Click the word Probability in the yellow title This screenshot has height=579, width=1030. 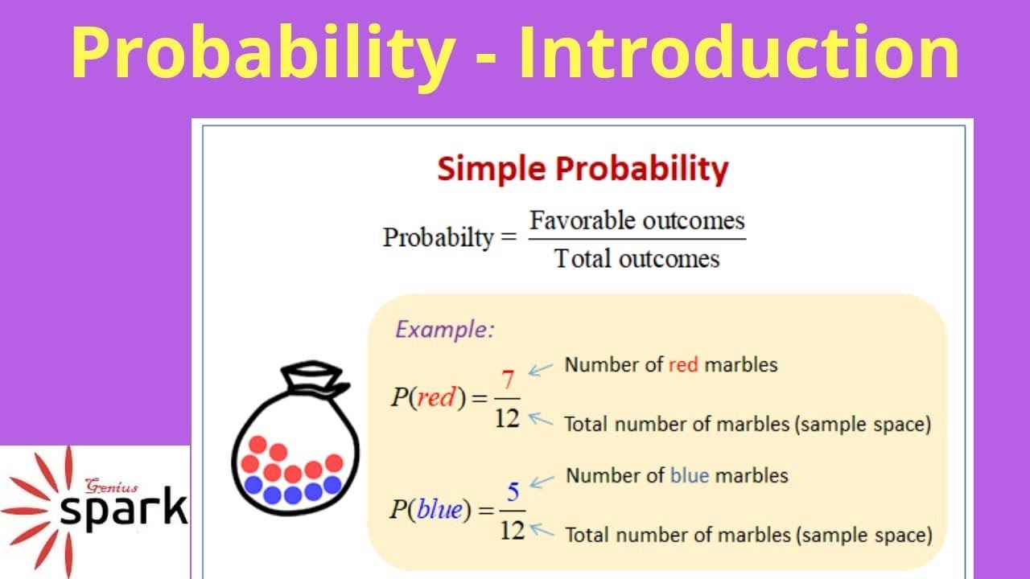262,53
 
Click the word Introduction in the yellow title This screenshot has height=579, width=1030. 738,53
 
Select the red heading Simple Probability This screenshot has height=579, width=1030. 583,170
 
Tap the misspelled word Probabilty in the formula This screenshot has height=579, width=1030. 438,237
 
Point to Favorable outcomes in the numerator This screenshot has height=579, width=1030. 637,220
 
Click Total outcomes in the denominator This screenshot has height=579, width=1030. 637,259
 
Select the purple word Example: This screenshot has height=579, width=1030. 444,330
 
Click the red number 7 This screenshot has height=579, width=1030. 507,380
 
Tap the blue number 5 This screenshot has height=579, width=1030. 513,490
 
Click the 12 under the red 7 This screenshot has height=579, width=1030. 507,417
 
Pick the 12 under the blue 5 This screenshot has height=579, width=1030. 513,529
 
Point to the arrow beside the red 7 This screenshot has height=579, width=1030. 541,370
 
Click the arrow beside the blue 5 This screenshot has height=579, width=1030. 543,481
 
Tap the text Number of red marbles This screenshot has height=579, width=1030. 670,365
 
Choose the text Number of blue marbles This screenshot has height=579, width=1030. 677,476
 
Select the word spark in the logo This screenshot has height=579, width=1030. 124,509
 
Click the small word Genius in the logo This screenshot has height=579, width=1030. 112,486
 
